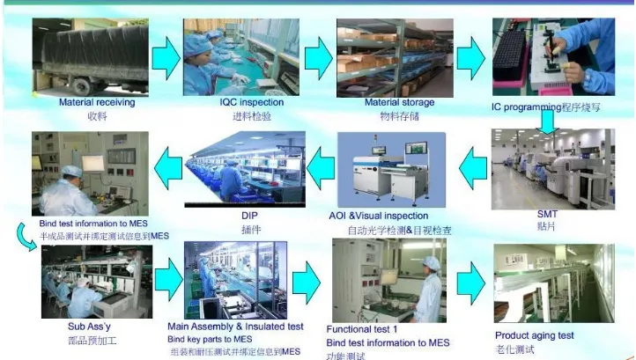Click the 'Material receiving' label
[x=96, y=103]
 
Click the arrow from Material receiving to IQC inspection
[x=165, y=57]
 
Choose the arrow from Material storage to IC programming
[x=470, y=57]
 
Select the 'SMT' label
[x=548, y=214]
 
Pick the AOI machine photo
[x=392, y=172]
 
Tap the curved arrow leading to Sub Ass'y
[x=22, y=234]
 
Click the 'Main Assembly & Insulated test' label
[x=235, y=327]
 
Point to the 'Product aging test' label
[x=534, y=335]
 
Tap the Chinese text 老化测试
[x=517, y=349]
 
